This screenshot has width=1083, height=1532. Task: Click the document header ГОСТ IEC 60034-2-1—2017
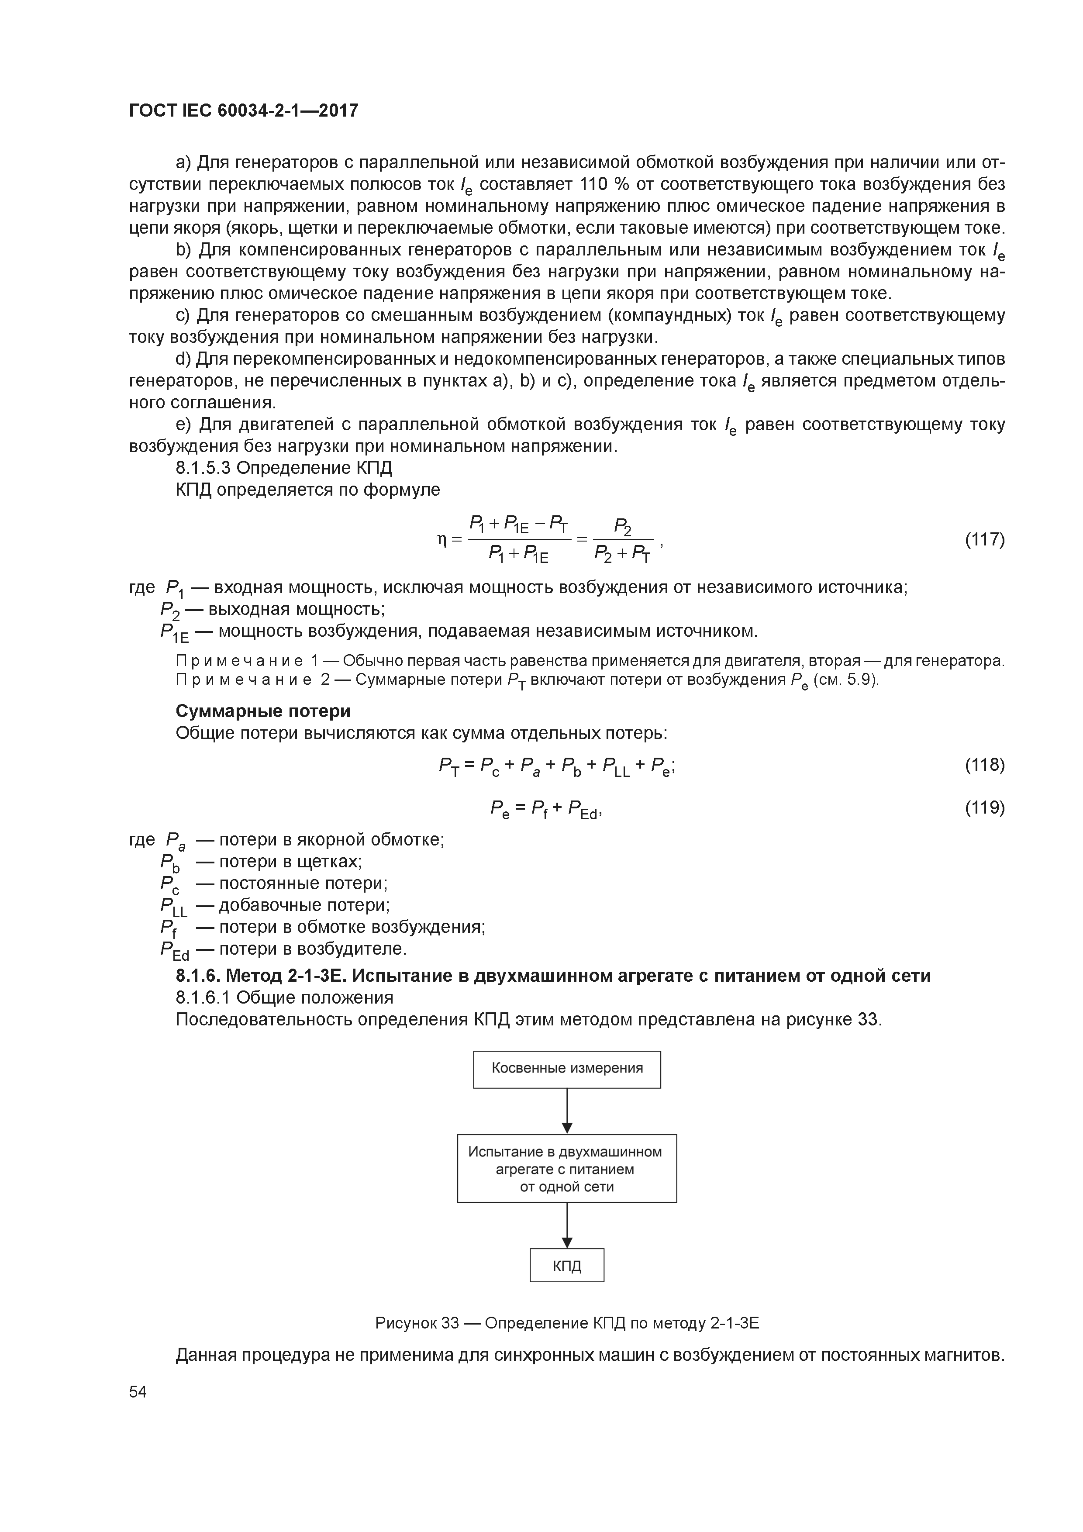(244, 110)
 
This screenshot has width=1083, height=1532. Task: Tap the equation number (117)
(984, 539)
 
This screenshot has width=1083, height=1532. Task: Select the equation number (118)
(984, 765)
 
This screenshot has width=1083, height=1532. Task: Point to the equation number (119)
(984, 808)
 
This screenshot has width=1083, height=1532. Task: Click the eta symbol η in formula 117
(441, 540)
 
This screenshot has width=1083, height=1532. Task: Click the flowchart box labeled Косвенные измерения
(566, 1068)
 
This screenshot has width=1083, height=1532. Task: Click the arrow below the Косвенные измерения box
(566, 1111)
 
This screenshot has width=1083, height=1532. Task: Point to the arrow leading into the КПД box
(566, 1225)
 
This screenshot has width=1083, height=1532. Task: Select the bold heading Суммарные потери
(263, 711)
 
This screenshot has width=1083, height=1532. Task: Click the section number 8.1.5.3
(203, 468)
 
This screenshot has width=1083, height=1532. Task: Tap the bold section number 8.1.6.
(197, 976)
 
